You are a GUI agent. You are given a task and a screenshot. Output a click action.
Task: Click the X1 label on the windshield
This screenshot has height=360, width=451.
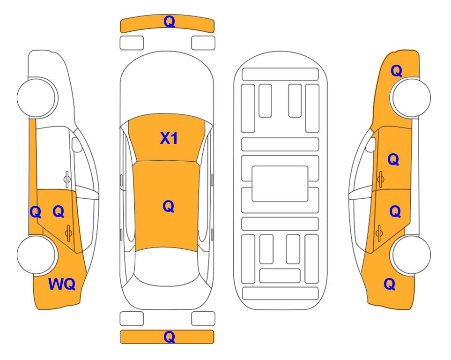[x=169, y=138]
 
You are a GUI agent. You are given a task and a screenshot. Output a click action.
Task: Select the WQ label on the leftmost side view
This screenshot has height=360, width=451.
[x=62, y=284]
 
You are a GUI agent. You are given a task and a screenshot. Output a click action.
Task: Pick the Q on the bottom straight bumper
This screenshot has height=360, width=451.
[x=169, y=337]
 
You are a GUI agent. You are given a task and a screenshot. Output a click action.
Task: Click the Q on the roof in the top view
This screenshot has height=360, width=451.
[x=168, y=206]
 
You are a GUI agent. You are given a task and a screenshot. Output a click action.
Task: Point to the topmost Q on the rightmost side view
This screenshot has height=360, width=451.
[x=396, y=71]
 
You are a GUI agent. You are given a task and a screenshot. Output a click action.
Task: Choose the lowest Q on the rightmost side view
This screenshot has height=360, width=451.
[x=390, y=284]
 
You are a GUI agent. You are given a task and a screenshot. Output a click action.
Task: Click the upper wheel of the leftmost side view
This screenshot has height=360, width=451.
[x=36, y=97]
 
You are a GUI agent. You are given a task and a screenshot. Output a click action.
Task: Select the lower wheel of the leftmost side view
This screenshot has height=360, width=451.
[x=36, y=255]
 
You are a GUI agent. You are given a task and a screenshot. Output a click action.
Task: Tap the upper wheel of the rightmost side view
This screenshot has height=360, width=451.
[x=411, y=97]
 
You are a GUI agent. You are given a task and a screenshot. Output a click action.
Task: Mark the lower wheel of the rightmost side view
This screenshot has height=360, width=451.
[x=411, y=255]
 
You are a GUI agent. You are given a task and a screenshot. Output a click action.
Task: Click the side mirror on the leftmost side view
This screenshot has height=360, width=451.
[x=76, y=144]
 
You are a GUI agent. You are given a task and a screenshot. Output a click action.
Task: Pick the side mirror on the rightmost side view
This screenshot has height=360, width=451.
[x=371, y=144]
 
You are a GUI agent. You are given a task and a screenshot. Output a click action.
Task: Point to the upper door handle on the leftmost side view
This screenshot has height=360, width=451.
[x=67, y=179]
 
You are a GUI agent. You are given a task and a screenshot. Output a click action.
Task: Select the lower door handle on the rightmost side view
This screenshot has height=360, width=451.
[x=379, y=233]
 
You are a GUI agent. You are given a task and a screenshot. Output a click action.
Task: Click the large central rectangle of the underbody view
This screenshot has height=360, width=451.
[x=280, y=184]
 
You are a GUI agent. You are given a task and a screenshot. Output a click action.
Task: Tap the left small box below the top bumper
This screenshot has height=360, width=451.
[x=132, y=43]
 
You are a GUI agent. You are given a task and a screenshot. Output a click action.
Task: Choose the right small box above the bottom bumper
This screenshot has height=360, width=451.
[x=203, y=319]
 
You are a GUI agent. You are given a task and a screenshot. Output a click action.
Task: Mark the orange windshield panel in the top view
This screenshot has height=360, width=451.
[x=167, y=137]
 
